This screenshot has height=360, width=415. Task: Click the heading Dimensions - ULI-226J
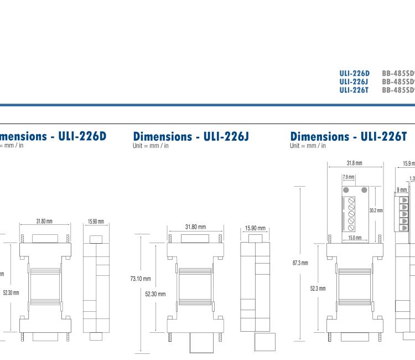tap(191, 136)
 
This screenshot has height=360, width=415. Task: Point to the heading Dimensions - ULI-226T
tap(349, 136)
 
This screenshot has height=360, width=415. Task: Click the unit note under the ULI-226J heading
tap(151, 146)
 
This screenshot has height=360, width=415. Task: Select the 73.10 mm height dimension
tap(141, 279)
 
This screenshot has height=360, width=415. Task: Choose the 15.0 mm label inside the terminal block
tap(355, 238)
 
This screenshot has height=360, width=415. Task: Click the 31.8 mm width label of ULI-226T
tap(354, 163)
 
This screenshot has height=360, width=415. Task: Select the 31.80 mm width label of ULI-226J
tap(195, 227)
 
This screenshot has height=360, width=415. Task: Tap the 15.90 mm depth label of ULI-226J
tap(255, 228)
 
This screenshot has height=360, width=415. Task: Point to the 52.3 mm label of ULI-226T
tap(317, 288)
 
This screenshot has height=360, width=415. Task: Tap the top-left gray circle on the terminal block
tap(346, 191)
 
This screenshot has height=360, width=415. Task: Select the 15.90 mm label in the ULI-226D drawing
tap(97, 222)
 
